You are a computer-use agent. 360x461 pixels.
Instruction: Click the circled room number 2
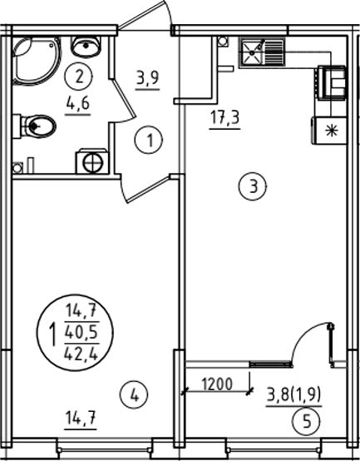click(79, 77)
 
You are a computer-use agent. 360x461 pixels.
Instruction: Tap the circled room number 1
click(149, 140)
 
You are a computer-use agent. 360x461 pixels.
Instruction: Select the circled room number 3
click(253, 186)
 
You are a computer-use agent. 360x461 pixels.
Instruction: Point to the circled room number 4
click(134, 395)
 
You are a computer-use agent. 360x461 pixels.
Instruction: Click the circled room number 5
click(306, 422)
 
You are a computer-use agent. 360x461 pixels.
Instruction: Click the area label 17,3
click(225, 117)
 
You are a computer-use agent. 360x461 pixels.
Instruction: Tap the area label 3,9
click(147, 78)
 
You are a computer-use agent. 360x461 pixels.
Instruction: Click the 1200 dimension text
click(217, 384)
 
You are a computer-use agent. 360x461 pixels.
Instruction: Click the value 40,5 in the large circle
click(81, 333)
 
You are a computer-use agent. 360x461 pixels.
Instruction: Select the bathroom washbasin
click(86, 46)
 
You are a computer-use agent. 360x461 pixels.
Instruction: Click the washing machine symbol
click(91, 161)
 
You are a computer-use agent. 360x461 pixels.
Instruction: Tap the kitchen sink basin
click(252, 52)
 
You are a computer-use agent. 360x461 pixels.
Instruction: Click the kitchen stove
click(331, 82)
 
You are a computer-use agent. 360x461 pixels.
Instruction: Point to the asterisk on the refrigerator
click(332, 131)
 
